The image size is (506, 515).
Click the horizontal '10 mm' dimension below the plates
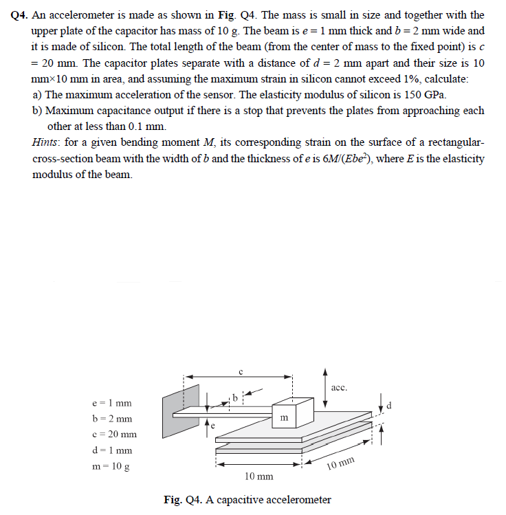258,476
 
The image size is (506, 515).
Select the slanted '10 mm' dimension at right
341,466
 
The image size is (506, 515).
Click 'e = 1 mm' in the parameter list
112,403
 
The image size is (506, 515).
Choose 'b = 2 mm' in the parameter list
112,419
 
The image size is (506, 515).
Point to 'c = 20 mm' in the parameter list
114,435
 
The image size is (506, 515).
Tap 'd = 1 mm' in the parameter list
112,450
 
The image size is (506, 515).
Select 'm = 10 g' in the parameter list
112,466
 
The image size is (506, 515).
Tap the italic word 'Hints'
46,142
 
